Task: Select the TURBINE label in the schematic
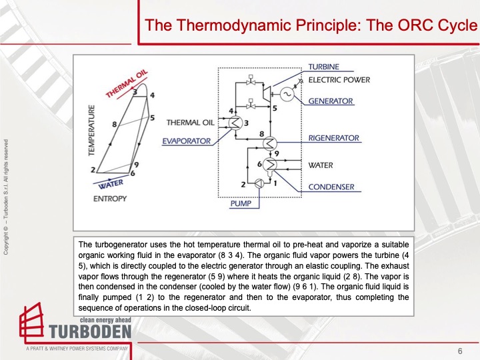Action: coord(323,67)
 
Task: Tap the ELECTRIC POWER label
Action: coord(339,80)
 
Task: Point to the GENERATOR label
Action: coord(331,101)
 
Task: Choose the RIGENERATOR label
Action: coord(334,138)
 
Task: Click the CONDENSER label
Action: coord(331,187)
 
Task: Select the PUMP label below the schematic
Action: coord(241,204)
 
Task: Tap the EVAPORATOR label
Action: coord(187,141)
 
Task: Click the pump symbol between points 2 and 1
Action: coord(257,183)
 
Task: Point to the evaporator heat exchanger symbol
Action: coord(236,122)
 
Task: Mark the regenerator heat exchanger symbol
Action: coord(271,142)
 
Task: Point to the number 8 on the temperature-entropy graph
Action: coord(115,124)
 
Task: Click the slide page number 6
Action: coord(459,351)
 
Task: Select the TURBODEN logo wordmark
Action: coord(90,331)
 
